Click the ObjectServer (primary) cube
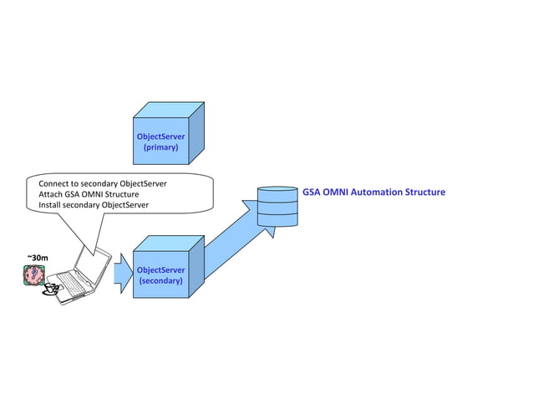click(162, 138)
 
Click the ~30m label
click(38, 257)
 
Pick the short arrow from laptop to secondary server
click(123, 269)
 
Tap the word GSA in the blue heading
click(312, 192)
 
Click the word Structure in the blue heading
click(425, 192)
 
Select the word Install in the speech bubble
click(53, 205)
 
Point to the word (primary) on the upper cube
click(161, 146)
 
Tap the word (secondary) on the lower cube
click(160, 281)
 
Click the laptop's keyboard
click(74, 284)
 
